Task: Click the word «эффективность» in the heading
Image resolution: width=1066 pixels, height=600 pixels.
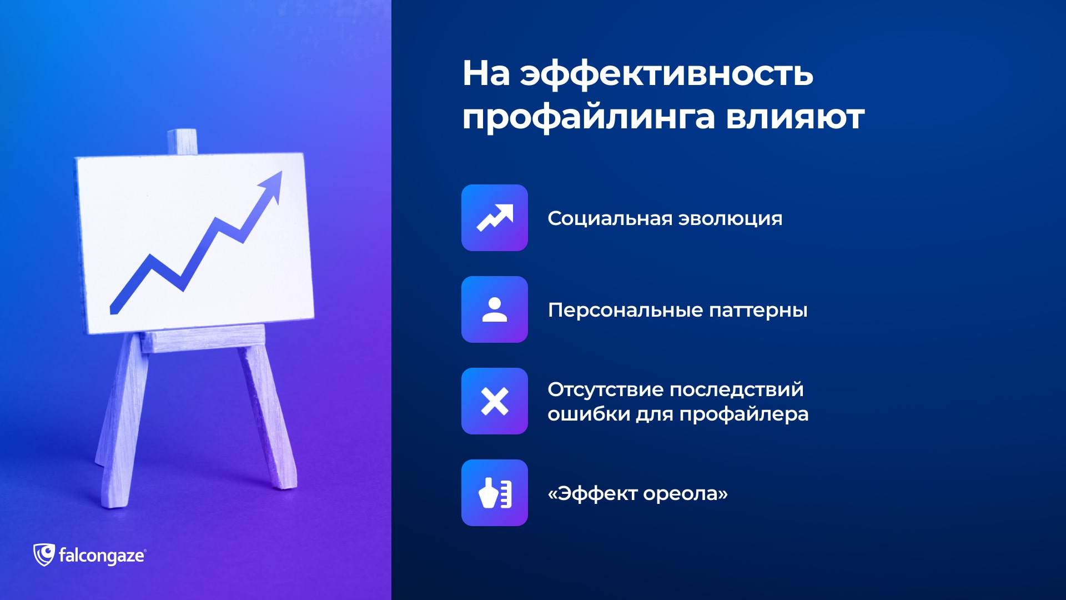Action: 666,74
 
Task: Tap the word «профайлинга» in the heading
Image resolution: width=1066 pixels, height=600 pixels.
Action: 589,118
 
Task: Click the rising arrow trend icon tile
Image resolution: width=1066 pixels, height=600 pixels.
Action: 494,218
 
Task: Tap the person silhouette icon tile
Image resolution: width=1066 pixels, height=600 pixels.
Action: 494,309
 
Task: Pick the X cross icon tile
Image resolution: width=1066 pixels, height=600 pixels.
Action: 494,401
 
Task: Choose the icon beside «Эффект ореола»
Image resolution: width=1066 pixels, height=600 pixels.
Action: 494,493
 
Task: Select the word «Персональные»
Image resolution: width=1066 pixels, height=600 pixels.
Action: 625,310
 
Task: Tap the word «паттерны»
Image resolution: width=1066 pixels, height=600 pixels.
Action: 758,311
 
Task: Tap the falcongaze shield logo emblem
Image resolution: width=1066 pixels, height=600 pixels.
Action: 44,555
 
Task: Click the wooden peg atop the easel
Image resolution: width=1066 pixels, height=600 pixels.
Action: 182,142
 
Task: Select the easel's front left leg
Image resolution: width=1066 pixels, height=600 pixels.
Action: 122,419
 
